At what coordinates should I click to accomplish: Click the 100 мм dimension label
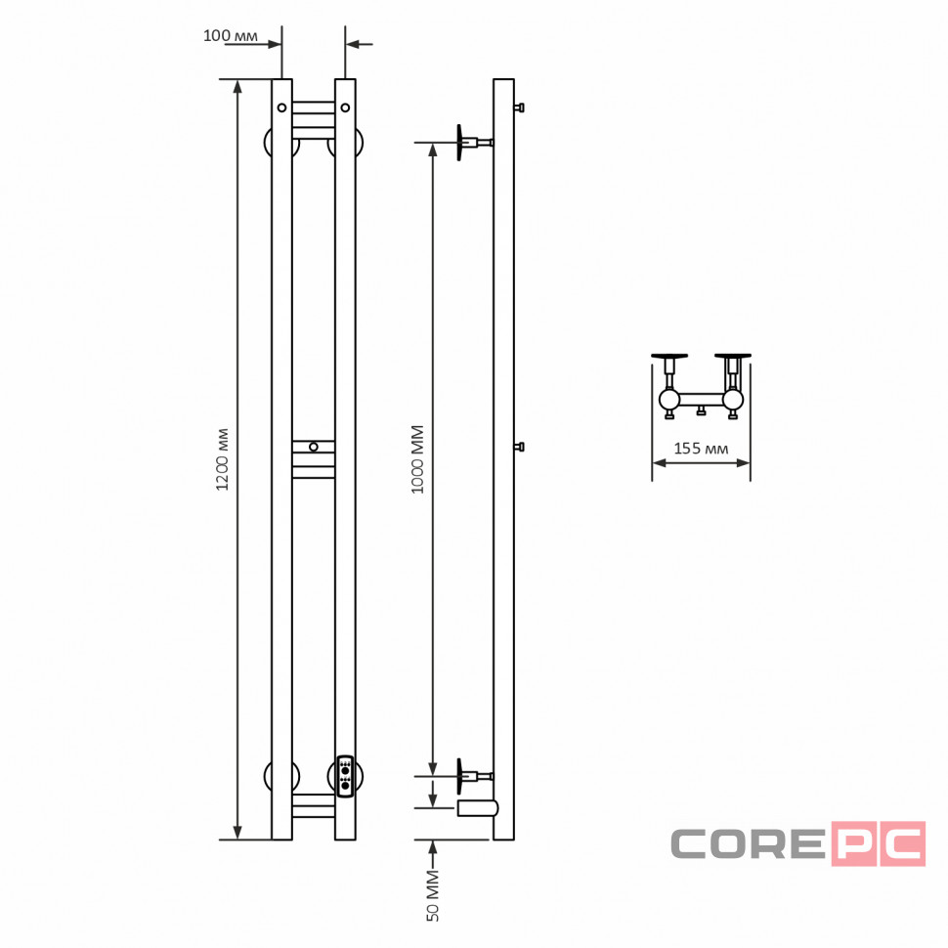pos(231,35)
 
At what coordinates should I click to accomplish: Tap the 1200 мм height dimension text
pos(223,459)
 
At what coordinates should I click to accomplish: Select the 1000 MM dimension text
pos(417,459)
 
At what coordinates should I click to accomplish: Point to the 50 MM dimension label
pos(433,895)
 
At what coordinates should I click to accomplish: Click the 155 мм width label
pos(701,449)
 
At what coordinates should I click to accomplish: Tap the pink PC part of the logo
pos(879,843)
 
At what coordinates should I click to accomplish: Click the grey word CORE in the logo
pos(748,843)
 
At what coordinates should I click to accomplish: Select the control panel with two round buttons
pos(345,776)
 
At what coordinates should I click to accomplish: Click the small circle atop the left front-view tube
pos(281,108)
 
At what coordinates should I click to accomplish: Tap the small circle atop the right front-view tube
pos(345,108)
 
